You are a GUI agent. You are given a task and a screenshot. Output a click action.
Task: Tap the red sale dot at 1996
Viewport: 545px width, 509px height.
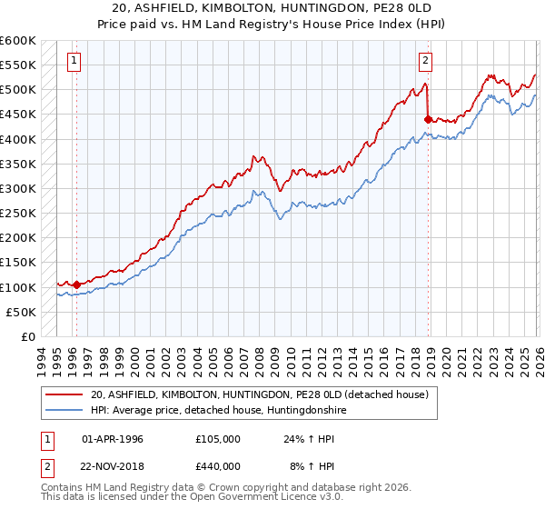coord(76,284)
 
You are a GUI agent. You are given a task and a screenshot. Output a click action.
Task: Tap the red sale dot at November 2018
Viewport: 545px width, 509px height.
coord(427,118)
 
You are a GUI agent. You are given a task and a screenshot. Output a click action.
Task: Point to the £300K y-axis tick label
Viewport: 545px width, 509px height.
coord(18,188)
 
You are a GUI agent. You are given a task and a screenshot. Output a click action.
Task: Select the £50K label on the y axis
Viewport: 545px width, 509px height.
coord(21,312)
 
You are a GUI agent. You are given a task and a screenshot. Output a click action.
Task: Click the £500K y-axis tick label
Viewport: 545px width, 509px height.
coord(18,90)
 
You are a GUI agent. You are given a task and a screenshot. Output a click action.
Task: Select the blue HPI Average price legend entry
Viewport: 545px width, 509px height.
coord(218,410)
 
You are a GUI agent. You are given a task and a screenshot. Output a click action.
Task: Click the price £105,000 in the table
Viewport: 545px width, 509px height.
coord(218,439)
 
